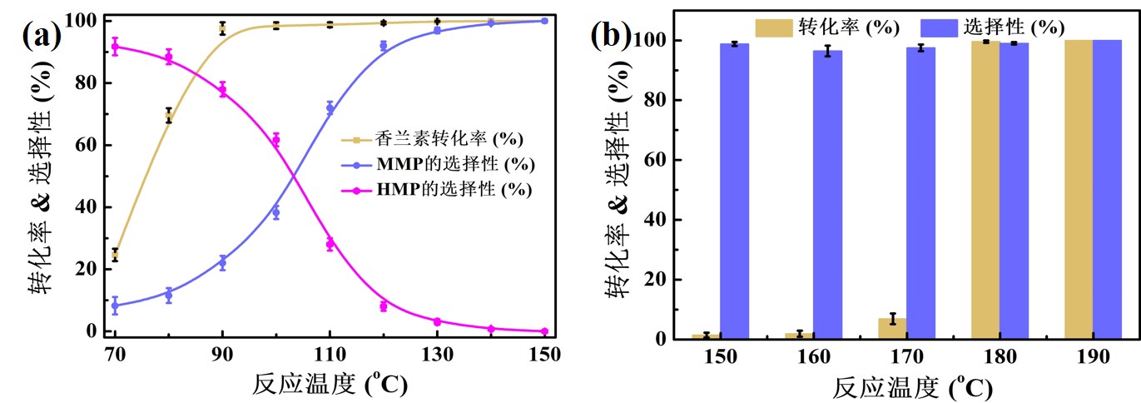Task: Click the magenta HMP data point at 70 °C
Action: [x=115, y=47]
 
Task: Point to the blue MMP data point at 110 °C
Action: [x=330, y=108]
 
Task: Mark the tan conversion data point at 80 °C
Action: [x=169, y=117]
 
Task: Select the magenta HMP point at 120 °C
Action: [x=384, y=306]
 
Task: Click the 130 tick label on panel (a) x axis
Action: [x=437, y=353]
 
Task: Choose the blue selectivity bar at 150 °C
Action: [x=735, y=191]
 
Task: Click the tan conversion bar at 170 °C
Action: [x=892, y=328]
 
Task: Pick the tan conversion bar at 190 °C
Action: [x=1079, y=189]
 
